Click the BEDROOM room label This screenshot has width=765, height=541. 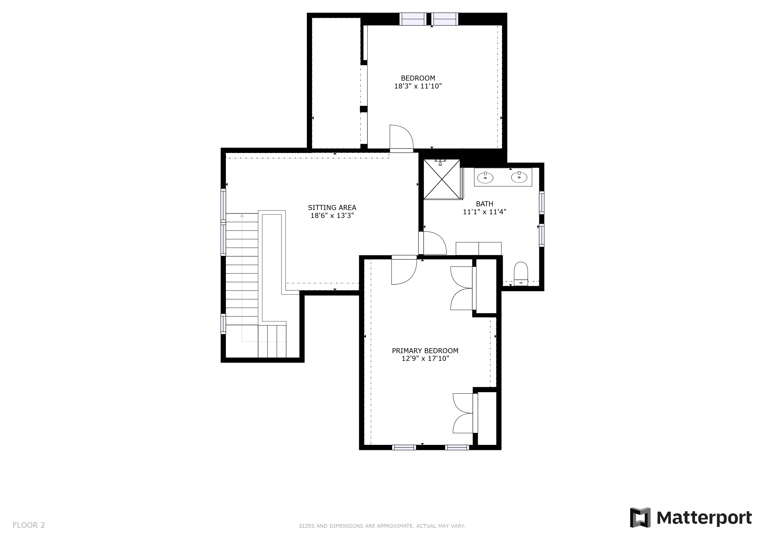(418, 78)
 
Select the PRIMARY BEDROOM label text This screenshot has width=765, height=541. (425, 351)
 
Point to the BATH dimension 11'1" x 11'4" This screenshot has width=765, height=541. (484, 212)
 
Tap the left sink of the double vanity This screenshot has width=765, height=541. (486, 178)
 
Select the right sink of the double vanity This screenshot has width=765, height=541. (519, 177)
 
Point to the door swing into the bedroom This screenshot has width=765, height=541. (402, 137)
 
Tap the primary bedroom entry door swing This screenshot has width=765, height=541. (404, 272)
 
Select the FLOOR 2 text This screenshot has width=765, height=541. (29, 525)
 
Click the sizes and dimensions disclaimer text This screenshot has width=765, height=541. (382, 526)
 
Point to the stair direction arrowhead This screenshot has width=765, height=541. (242, 216)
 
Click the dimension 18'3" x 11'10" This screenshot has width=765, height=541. (418, 86)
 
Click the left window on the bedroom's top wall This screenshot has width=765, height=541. (413, 19)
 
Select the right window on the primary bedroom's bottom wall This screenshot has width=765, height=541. (457, 447)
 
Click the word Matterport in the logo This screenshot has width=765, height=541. (704, 518)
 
